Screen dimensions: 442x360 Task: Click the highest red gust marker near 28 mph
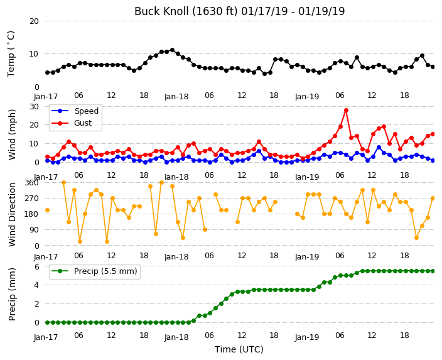coord(346,111)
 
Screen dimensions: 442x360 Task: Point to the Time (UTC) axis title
coord(239,349)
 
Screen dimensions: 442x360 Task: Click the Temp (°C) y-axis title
coord(11,54)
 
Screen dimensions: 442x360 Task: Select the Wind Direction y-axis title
coord(11,214)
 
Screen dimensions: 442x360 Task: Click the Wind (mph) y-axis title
coord(11,134)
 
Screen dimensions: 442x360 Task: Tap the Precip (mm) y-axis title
coord(11,294)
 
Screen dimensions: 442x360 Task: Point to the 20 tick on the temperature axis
coord(34,21)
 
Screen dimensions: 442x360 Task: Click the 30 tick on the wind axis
coord(34,107)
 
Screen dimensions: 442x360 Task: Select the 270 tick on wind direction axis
coord(31,199)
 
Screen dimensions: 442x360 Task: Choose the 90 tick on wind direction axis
coord(34,230)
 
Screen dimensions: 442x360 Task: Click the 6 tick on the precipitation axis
coord(36,266)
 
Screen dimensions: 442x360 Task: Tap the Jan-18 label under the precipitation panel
coord(176,337)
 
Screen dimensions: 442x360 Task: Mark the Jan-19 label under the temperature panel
coord(307,97)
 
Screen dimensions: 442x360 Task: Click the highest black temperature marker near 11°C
coord(172,50)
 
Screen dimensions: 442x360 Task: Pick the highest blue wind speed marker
coord(379,148)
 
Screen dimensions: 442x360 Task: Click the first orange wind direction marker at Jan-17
coord(47,210)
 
